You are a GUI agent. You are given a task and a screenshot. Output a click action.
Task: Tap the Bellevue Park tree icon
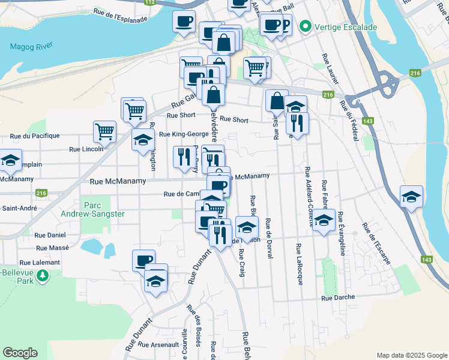pyautogui.click(x=43, y=276)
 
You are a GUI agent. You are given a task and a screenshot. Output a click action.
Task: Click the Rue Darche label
pyautogui.click(x=338, y=297)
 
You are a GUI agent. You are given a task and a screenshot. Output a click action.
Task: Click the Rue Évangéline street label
pyautogui.click(x=341, y=233)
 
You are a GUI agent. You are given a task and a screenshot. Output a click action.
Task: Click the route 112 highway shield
pyautogui.click(x=151, y=3)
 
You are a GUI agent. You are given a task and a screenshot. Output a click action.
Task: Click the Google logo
pyautogui.click(x=20, y=353)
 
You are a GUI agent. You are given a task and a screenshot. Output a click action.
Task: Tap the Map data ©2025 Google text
pyautogui.click(x=411, y=355)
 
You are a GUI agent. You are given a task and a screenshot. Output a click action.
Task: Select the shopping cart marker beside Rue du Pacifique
pyautogui.click(x=104, y=131)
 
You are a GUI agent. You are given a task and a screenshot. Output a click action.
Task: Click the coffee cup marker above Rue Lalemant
pyautogui.click(x=143, y=259)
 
